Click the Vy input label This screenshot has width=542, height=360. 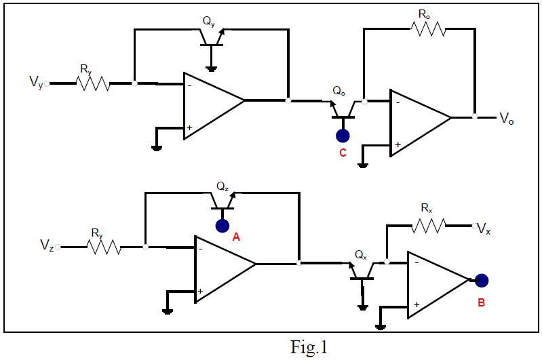(36, 83)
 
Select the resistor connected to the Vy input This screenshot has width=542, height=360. (94, 83)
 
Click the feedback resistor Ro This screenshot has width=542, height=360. (427, 29)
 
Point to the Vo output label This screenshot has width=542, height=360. (506, 118)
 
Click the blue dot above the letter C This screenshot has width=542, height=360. (343, 135)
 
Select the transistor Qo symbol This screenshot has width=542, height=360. (343, 109)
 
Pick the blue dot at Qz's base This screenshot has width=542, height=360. (222, 226)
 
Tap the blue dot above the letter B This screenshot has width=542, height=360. (482, 280)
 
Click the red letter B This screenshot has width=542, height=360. (481, 302)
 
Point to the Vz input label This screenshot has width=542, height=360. (46, 245)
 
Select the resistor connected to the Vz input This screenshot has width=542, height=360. (104, 247)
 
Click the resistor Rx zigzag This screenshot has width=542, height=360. (429, 225)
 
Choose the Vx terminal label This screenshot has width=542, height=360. (484, 229)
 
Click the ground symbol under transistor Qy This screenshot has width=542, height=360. (212, 68)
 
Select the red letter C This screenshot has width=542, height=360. (343, 153)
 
